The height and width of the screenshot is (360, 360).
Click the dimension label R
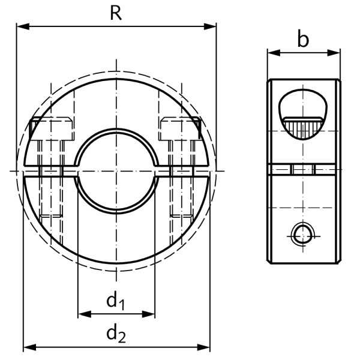point(116,13)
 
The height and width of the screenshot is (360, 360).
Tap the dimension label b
point(304,40)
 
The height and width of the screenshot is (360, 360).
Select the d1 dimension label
point(116,301)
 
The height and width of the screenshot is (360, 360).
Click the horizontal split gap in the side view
point(303,170)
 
